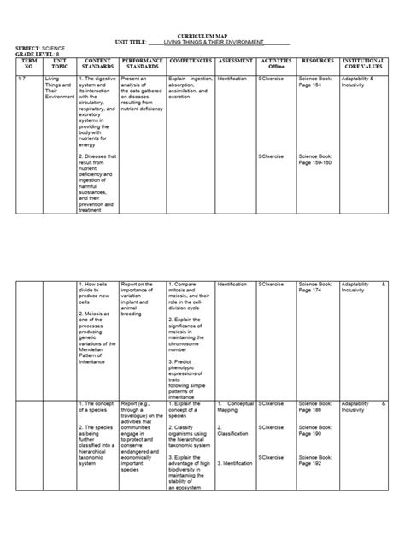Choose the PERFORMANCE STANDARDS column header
(142, 65)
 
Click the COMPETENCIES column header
(191, 62)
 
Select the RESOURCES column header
(317, 62)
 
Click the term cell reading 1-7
(23, 78)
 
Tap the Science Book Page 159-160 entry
(316, 160)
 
